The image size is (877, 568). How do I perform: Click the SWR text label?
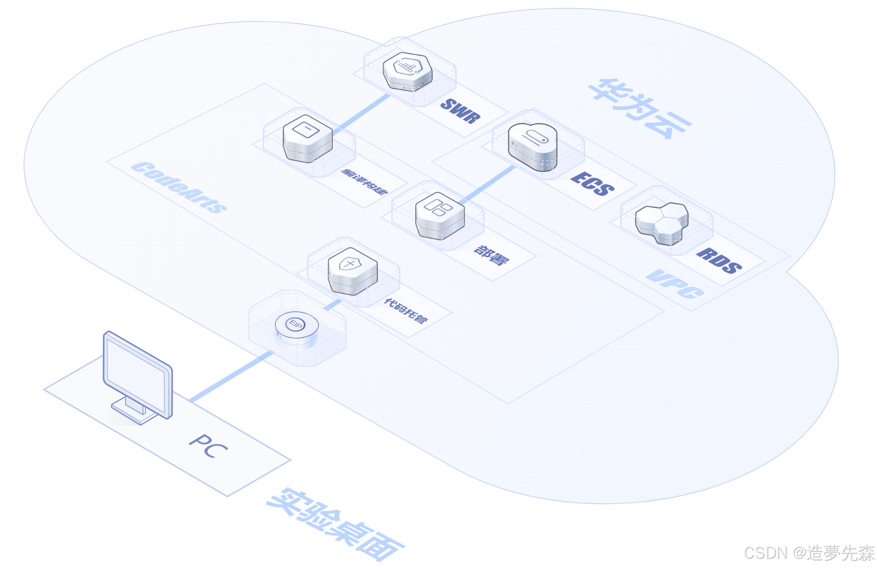point(460,111)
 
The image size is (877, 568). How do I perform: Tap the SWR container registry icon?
point(407,71)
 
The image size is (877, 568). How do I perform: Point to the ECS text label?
point(592,184)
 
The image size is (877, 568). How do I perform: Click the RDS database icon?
point(662,223)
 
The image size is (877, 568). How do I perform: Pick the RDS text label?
point(719,261)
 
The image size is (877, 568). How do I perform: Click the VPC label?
point(675,284)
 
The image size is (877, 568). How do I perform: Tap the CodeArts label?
point(179,187)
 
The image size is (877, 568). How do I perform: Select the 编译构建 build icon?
point(308,138)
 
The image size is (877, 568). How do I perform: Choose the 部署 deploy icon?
point(440,215)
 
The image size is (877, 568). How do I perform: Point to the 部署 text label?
point(491,255)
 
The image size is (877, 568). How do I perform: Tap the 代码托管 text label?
point(406,311)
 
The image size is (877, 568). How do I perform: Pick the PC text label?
point(208,446)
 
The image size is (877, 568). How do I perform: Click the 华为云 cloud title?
point(640,108)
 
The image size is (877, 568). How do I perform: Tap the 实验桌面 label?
point(335,524)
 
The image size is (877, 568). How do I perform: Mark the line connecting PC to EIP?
point(231,376)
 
